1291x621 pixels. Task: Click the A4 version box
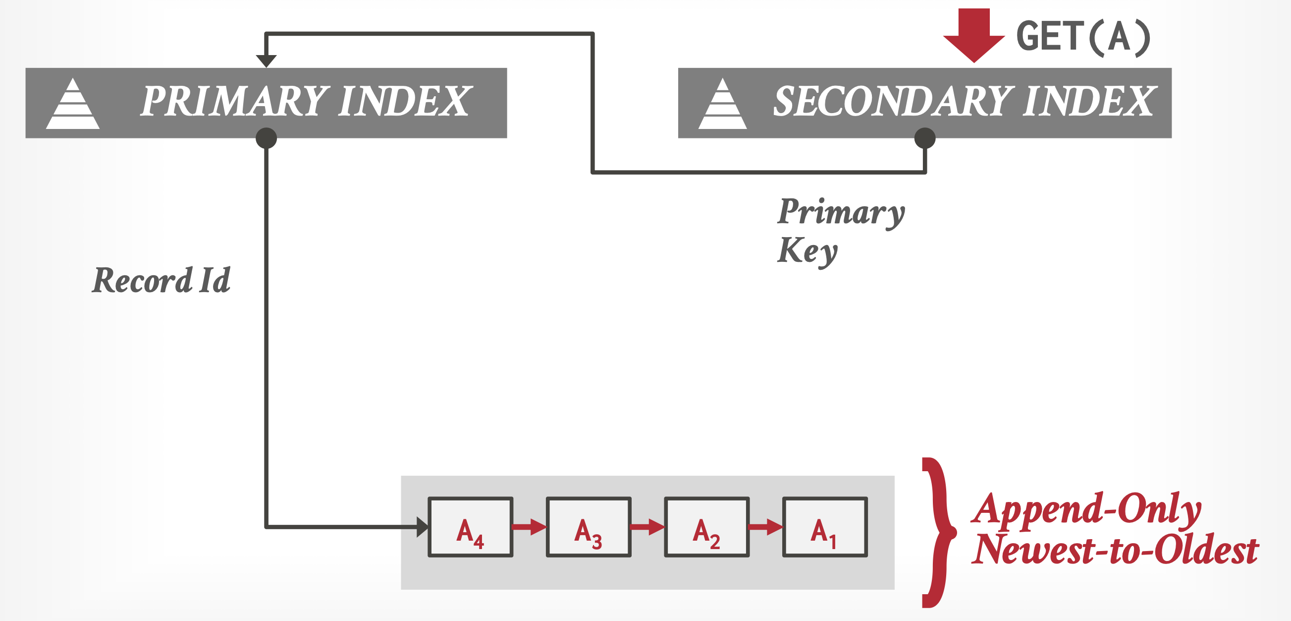click(x=470, y=527)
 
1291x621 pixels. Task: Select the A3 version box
click(x=589, y=527)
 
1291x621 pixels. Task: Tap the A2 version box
click(x=706, y=527)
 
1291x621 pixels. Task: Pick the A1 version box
click(x=825, y=527)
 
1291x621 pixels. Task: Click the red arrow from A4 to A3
click(x=529, y=527)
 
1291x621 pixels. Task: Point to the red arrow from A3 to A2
click(x=647, y=527)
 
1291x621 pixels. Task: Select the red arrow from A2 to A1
click(x=766, y=527)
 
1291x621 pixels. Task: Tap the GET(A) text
click(x=1082, y=37)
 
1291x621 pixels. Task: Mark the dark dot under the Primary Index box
click(x=266, y=138)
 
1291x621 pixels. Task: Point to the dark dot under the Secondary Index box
click(x=924, y=138)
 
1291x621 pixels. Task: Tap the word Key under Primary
click(x=807, y=251)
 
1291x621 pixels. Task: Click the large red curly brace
click(x=937, y=532)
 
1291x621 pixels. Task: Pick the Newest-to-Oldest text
click(x=1115, y=550)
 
